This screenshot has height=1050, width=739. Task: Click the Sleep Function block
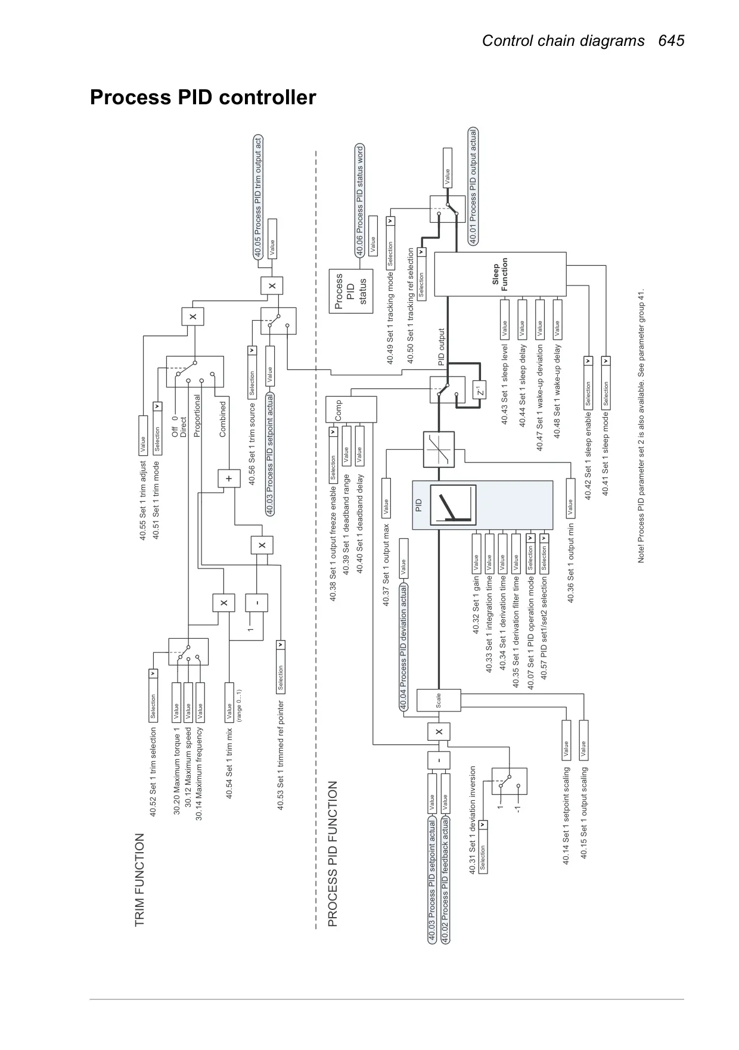(x=499, y=274)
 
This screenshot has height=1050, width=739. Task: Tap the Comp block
(x=351, y=409)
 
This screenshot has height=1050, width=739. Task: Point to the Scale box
(x=439, y=700)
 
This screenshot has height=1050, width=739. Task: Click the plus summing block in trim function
(x=228, y=479)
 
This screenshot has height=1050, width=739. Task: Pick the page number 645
(x=672, y=41)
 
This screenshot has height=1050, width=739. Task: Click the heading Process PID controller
(x=203, y=97)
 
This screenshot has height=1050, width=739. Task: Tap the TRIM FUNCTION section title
(x=139, y=880)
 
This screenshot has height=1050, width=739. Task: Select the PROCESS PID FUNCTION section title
(x=333, y=854)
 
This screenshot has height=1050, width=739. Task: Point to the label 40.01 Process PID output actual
(x=473, y=186)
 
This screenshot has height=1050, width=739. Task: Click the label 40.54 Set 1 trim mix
(x=229, y=763)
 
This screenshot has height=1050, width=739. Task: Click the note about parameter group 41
(x=641, y=427)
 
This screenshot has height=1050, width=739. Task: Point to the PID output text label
(x=441, y=347)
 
